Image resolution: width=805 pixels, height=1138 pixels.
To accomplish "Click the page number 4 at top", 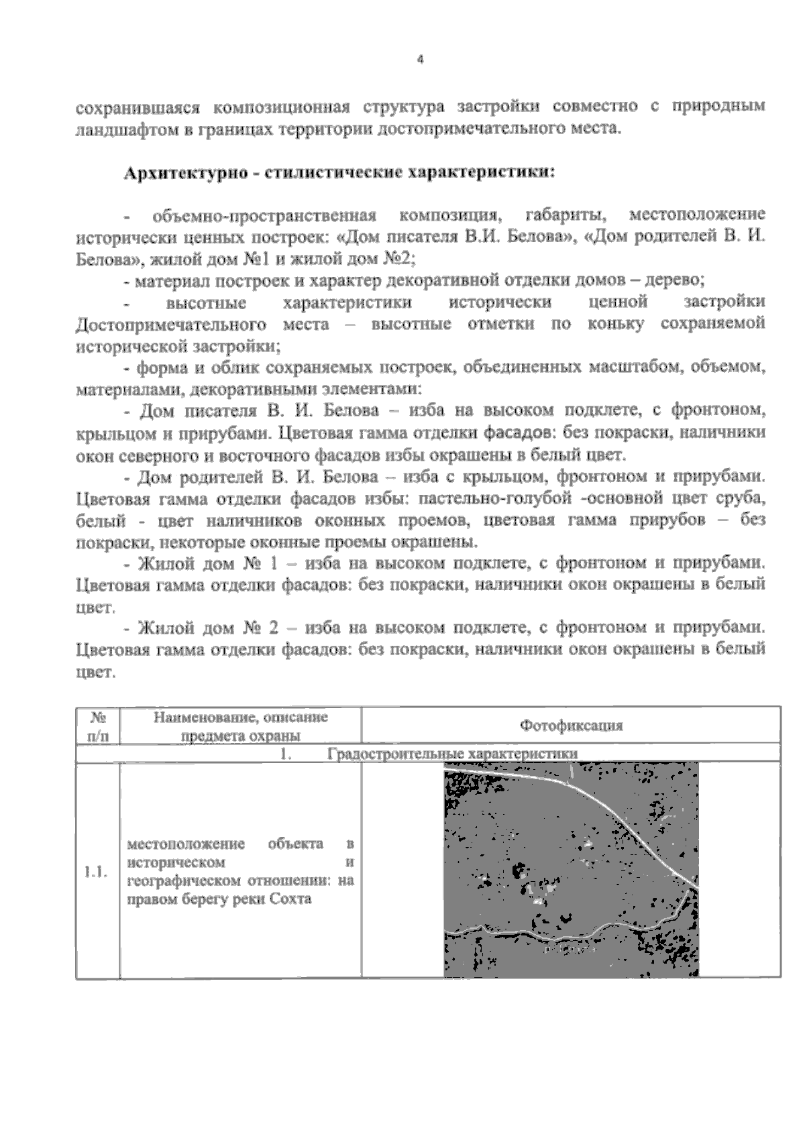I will [x=420, y=59].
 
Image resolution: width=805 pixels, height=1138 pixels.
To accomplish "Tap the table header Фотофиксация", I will [x=572, y=725].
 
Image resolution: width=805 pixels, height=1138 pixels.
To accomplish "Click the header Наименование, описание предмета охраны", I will [x=241, y=726].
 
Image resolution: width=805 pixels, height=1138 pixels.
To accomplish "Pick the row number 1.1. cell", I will [x=95, y=871].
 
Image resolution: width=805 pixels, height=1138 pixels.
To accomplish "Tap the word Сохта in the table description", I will [x=291, y=899].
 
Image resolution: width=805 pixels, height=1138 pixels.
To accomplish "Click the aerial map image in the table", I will [x=572, y=872].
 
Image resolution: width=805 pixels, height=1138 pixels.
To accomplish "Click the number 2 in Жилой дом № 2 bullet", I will [x=273, y=628].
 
